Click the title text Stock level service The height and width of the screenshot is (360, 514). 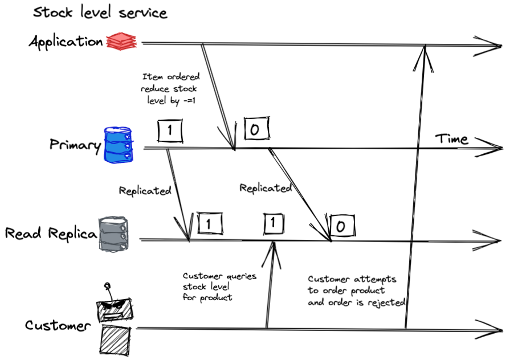100,12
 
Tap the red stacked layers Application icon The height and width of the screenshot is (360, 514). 121,41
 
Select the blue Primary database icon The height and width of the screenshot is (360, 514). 119,146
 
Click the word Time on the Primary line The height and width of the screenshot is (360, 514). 451,139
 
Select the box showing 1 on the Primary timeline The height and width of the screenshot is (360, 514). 169,131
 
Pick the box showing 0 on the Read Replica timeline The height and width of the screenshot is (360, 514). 341,226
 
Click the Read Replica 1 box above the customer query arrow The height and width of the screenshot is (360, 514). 274,224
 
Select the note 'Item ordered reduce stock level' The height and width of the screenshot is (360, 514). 170,88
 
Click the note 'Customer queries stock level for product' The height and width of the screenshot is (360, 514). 219,287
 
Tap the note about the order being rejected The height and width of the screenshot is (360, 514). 356,291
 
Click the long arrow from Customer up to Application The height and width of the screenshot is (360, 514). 415,188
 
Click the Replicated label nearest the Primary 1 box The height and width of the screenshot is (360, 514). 145,191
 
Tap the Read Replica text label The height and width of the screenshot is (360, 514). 50,234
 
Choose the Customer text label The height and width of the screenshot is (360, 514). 58,326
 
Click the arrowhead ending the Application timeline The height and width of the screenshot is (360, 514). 491,45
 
